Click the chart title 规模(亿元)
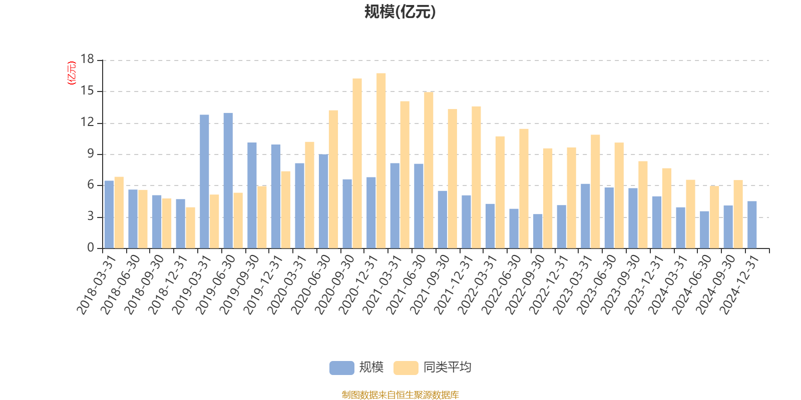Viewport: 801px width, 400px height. coord(400,12)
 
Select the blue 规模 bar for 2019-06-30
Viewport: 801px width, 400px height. coord(228,180)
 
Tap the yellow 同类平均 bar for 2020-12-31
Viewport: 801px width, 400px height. coord(381,161)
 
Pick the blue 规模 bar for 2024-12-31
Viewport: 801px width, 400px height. coord(752,224)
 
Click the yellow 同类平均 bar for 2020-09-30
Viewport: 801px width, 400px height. coord(357,163)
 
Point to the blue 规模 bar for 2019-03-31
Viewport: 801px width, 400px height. coord(204,181)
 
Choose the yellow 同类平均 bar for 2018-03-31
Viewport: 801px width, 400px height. coord(119,212)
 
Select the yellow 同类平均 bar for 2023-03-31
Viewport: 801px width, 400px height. coord(595,191)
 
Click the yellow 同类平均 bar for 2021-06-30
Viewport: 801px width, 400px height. coord(429,170)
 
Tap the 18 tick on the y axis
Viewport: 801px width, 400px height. coord(87,59)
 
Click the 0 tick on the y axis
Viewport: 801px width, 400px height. coord(91,247)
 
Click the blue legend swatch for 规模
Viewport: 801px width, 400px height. coord(341,367)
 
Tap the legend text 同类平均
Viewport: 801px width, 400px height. coord(447,367)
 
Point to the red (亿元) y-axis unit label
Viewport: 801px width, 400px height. coord(72,73)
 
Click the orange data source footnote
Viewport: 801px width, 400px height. coord(400,395)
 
